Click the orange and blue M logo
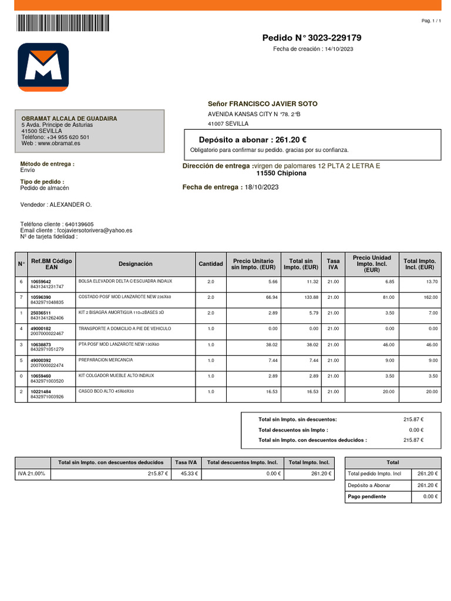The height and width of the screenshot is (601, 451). (43, 67)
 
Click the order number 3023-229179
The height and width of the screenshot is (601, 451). (335, 38)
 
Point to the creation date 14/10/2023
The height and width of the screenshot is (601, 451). (339, 49)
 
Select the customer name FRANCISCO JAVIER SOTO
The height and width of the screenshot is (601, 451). (273, 104)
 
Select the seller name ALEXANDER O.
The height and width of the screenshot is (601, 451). (70, 205)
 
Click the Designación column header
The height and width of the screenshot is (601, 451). (135, 264)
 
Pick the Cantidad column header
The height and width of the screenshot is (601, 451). (210, 264)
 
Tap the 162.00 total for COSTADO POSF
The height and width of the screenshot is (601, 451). (429, 298)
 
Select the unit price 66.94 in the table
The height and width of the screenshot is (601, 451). (271, 298)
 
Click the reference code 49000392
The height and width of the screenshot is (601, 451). (41, 360)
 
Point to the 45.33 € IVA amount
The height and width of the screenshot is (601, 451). (189, 473)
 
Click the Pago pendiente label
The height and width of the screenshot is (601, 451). (367, 497)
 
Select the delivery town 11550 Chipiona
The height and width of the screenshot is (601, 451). (281, 174)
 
